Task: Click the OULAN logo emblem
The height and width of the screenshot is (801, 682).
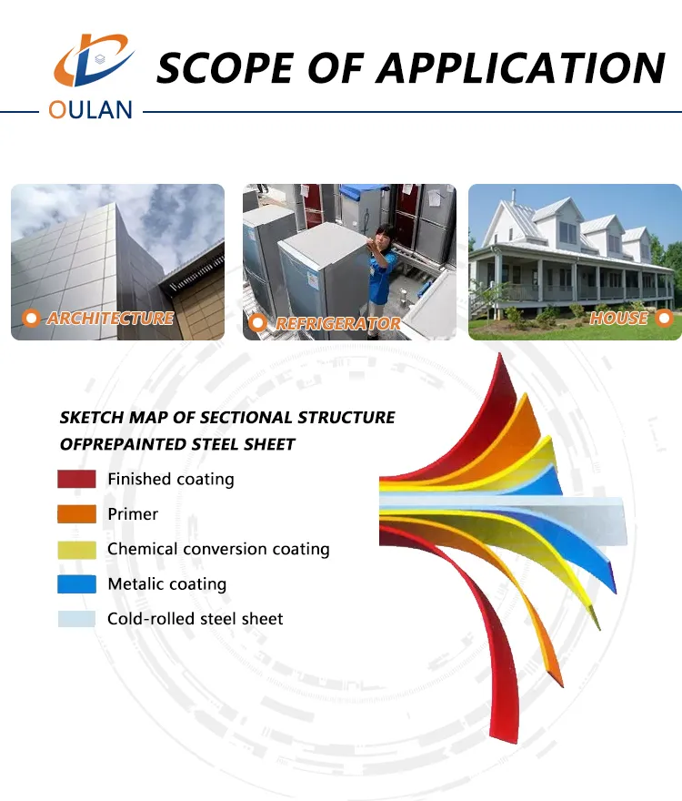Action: click(94, 59)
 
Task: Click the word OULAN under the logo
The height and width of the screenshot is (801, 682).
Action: click(90, 110)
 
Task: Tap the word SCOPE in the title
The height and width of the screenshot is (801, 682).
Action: click(226, 68)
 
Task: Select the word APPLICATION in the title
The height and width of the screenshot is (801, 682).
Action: click(521, 68)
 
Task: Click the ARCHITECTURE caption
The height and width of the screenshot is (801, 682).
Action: click(110, 319)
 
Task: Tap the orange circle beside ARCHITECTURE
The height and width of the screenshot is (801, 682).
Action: click(31, 319)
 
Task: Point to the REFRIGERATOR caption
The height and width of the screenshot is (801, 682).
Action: click(338, 323)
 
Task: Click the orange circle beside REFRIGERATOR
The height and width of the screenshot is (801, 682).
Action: click(257, 323)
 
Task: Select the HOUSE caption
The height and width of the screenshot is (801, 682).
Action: click(618, 319)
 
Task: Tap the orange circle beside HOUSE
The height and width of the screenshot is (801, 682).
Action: click(664, 319)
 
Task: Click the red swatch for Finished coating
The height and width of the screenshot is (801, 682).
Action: click(76, 479)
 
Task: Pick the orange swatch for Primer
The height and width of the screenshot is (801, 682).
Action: click(76, 514)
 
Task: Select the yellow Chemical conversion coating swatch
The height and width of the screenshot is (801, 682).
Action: click(76, 549)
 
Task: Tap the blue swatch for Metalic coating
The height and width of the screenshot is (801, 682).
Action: click(76, 583)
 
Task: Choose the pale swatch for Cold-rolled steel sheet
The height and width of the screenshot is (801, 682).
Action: click(76, 619)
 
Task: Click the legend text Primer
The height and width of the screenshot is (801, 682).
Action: click(133, 514)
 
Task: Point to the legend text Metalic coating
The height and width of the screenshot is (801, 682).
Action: click(167, 583)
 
